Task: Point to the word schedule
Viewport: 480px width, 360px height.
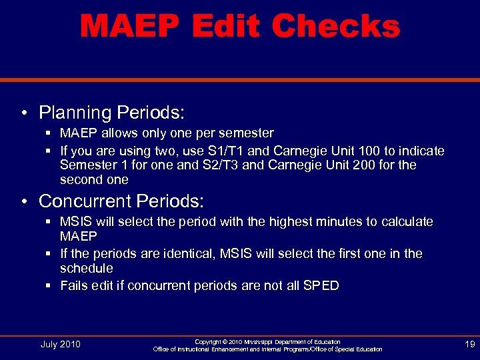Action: click(x=86, y=268)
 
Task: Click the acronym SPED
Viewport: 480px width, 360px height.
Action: click(x=321, y=285)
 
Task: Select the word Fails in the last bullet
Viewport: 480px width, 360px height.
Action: click(x=73, y=285)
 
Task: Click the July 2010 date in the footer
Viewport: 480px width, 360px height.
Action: click(x=61, y=344)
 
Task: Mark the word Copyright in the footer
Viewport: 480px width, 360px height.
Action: click(x=207, y=341)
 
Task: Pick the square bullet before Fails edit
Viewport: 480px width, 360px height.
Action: click(x=51, y=286)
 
